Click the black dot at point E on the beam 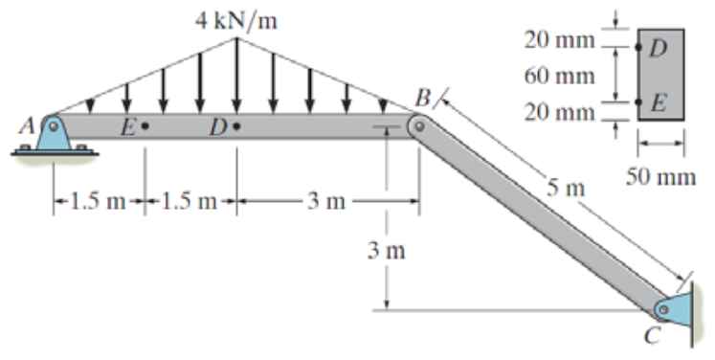pos(145,125)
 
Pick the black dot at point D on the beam pos(236,125)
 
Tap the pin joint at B pos(418,125)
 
